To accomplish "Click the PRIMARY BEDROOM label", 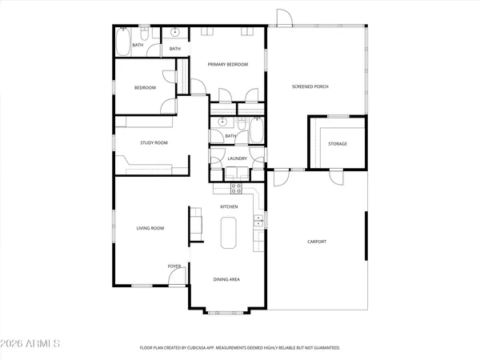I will click(229, 64).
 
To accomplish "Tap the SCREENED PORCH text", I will click(310, 86).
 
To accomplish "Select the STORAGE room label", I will click(338, 144).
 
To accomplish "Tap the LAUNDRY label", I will click(237, 158).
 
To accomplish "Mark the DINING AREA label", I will click(226, 279).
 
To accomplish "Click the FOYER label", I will click(174, 266).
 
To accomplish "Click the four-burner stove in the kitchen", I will click(237, 189).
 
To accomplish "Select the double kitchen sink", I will click(258, 221).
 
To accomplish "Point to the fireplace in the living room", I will click(194, 224).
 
